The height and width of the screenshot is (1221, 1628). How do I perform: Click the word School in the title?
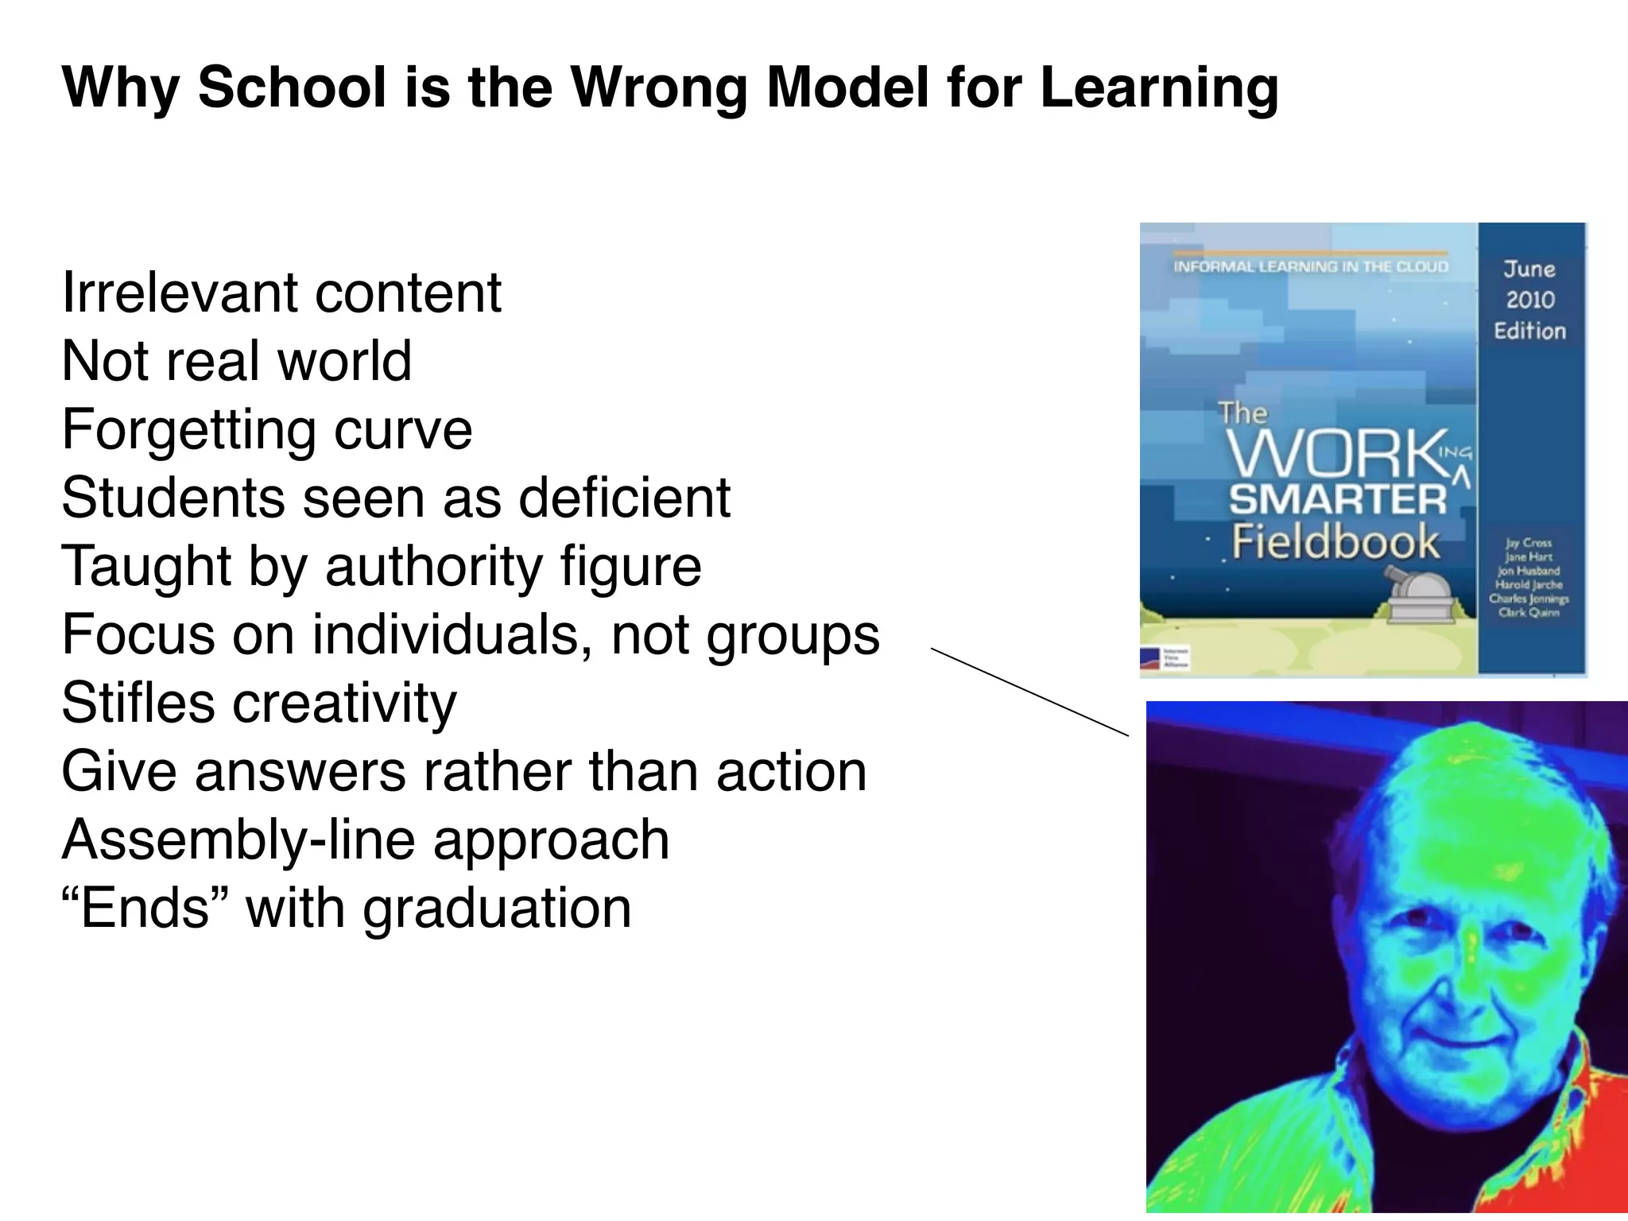[292, 87]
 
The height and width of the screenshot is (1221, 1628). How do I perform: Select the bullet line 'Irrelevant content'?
[281, 293]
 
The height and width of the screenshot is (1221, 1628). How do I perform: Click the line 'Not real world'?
[237, 361]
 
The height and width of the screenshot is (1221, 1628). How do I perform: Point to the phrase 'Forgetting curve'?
[267, 430]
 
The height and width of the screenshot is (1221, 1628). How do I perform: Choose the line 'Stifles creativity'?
[259, 703]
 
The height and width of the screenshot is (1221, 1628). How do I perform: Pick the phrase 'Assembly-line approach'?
[366, 839]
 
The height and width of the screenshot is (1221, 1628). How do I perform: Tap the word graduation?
[497, 908]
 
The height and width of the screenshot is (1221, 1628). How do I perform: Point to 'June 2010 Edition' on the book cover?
[1529, 300]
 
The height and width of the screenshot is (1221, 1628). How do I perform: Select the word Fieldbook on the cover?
[1335, 542]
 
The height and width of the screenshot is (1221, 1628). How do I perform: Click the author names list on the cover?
[1527, 578]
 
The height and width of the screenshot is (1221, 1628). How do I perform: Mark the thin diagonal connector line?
[1029, 692]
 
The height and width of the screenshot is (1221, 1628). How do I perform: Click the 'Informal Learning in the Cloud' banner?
[1311, 266]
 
